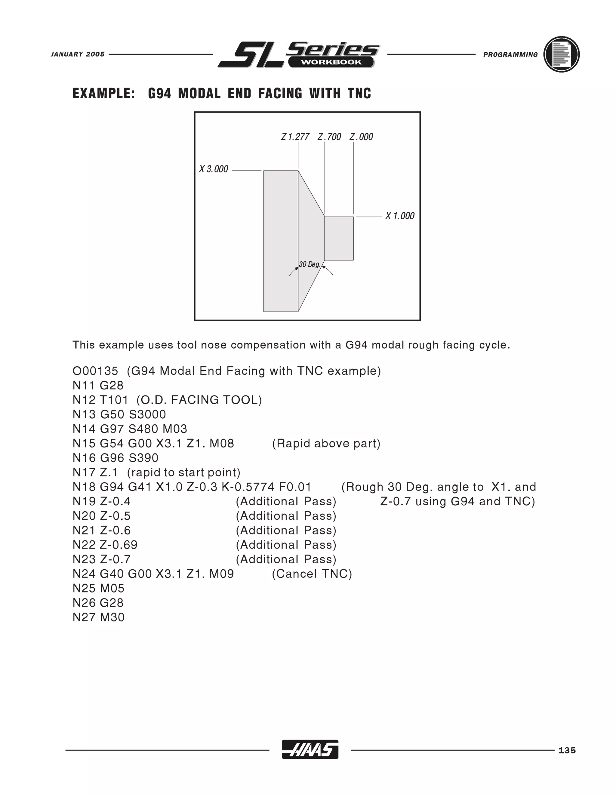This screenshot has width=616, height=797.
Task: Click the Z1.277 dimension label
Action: coord(295,137)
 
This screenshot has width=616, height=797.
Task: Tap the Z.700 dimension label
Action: coord(329,137)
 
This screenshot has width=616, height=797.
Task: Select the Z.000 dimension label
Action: coord(361,137)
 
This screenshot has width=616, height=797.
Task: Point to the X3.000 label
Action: coord(214,169)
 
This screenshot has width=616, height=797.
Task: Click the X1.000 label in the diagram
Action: coord(400,216)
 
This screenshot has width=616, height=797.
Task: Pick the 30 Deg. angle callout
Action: coord(310,264)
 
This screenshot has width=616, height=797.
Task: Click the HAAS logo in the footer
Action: coord(310,749)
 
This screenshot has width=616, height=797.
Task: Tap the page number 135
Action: coord(567,750)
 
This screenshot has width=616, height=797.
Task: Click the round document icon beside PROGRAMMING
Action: coord(561,54)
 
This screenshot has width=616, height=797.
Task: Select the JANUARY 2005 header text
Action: coord(78,54)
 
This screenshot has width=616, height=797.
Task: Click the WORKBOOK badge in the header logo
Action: coord(331,62)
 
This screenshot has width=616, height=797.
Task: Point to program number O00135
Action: coord(95,371)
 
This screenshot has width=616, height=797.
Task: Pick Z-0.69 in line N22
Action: coord(119,545)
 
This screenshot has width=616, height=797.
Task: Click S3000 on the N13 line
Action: coord(147,414)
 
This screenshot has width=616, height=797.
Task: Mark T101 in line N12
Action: coord(114,400)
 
